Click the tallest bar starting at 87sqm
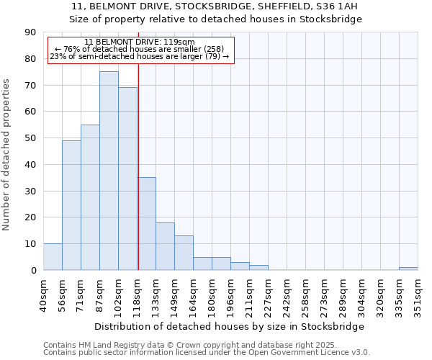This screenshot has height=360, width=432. click(x=109, y=171)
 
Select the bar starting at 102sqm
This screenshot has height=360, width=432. click(x=127, y=179)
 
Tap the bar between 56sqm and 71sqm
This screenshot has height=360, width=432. click(x=71, y=205)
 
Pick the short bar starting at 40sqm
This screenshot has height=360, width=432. click(x=53, y=257)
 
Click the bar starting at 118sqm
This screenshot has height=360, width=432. click(x=147, y=224)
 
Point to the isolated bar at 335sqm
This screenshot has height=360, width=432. click(x=408, y=269)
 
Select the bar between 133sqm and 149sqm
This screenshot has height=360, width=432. click(x=165, y=246)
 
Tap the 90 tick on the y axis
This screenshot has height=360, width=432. click(x=31, y=32)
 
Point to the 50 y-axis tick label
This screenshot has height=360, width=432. click(x=31, y=138)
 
